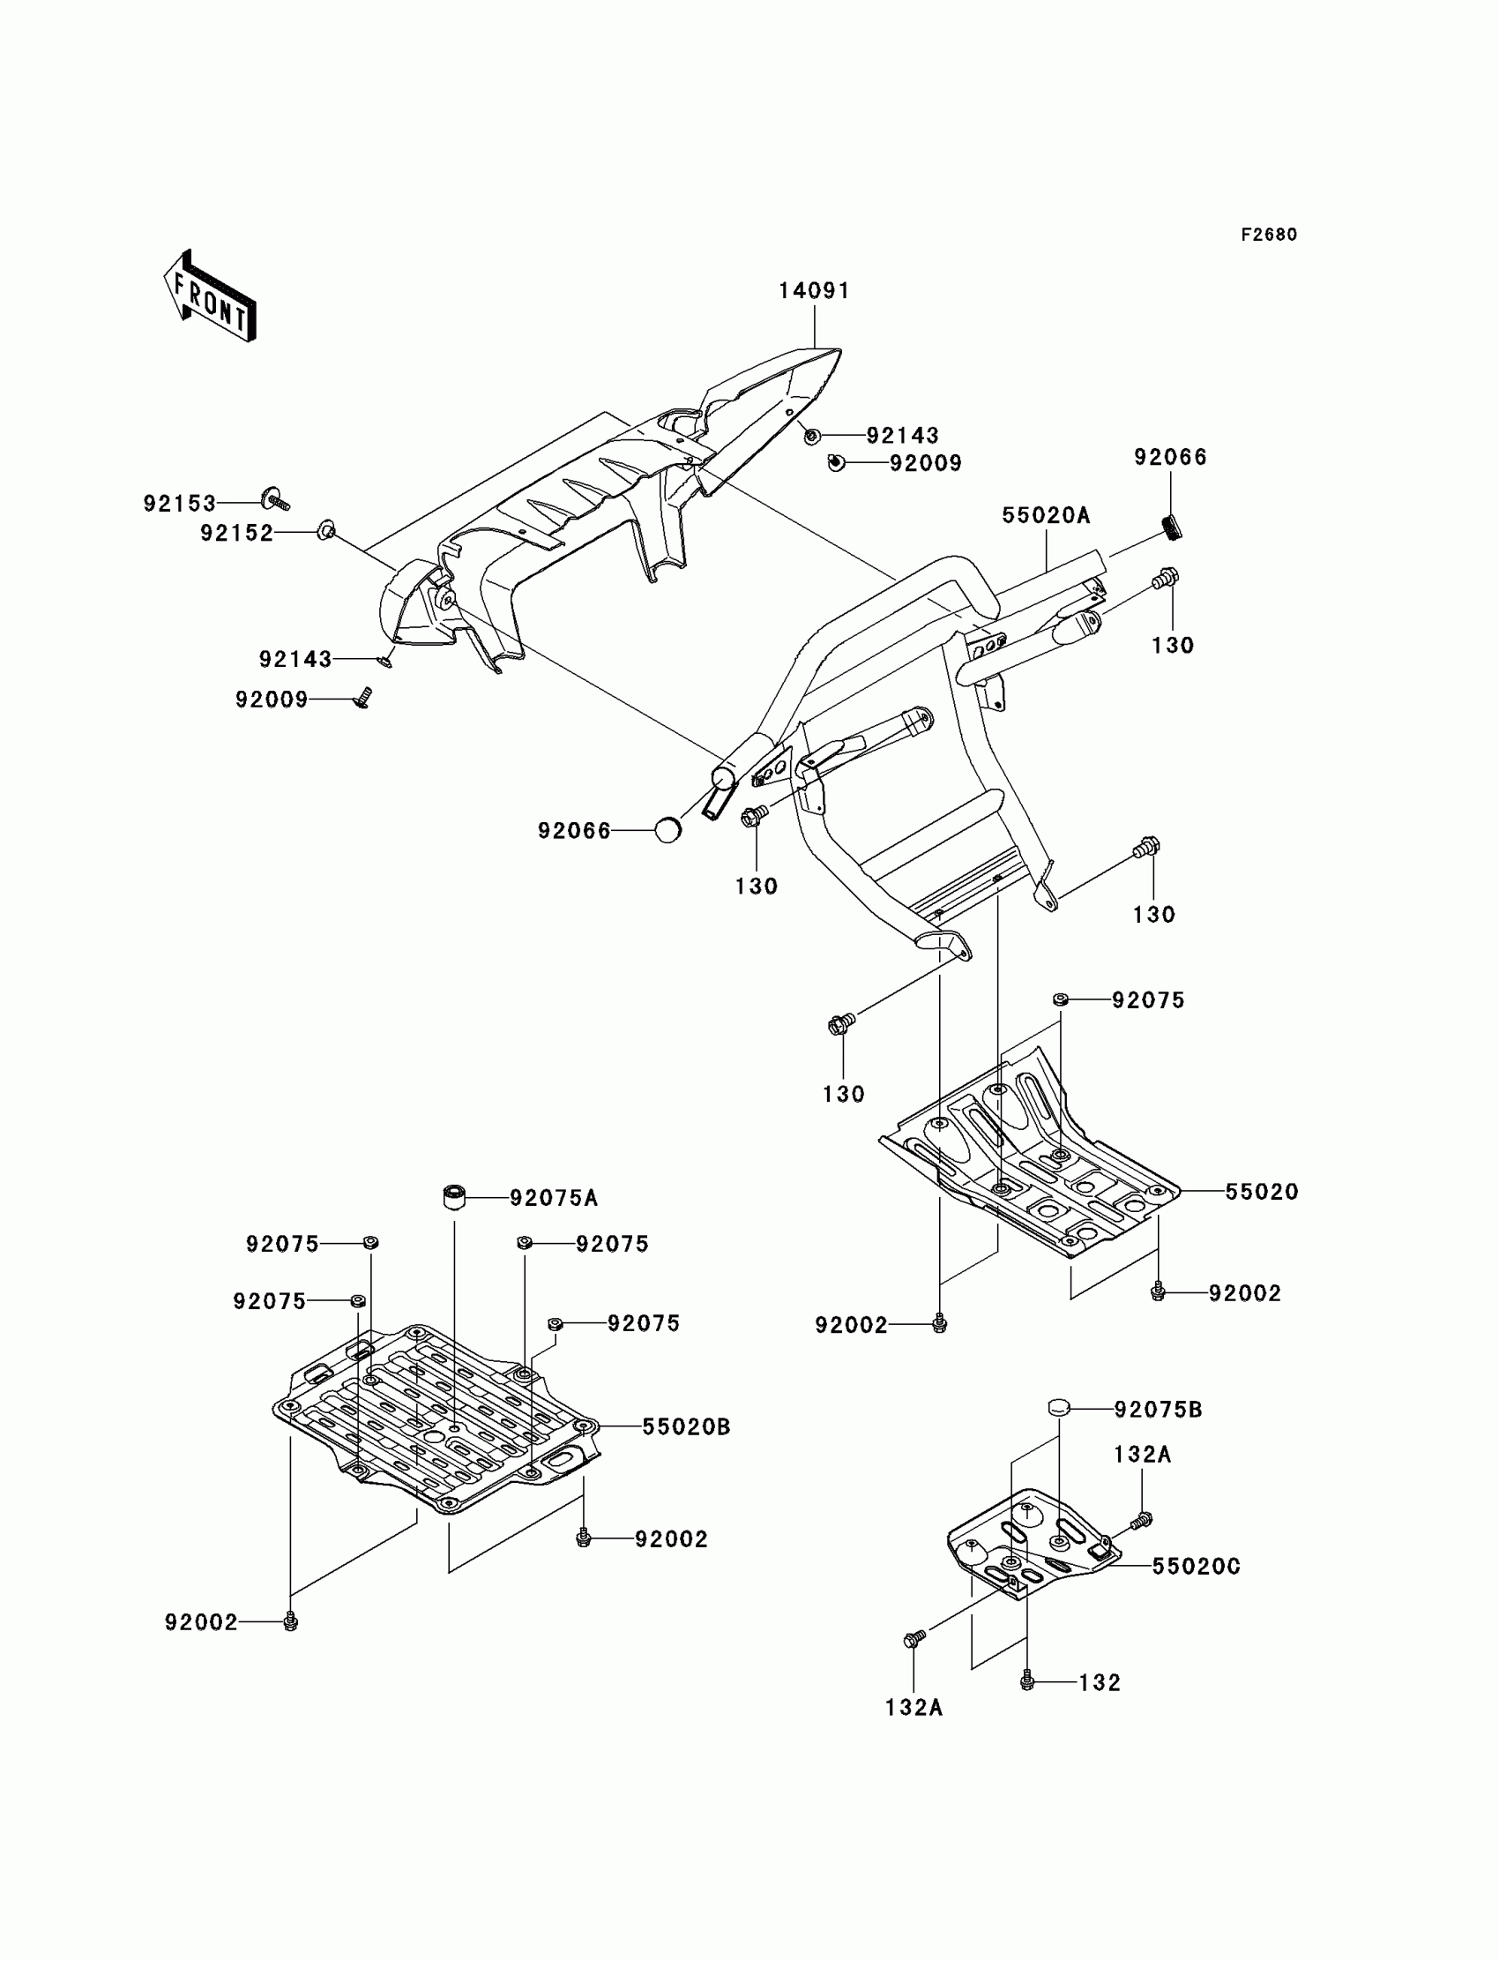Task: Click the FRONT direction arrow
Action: (x=210, y=296)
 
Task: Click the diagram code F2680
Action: (x=1269, y=235)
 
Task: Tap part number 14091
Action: (x=814, y=291)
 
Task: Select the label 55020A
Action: (x=1046, y=515)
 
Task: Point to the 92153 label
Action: (x=179, y=504)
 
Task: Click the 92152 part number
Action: (x=236, y=533)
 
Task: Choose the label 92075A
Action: (x=553, y=1198)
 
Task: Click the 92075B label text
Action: (x=1158, y=1410)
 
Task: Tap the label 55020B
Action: (x=686, y=1427)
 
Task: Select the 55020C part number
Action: (x=1196, y=1567)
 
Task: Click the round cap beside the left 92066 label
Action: (x=667, y=830)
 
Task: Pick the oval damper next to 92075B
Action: (x=1058, y=1408)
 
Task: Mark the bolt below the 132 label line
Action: (x=1026, y=1681)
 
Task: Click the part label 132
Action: (x=1100, y=1682)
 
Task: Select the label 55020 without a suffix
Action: (x=1261, y=1192)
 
